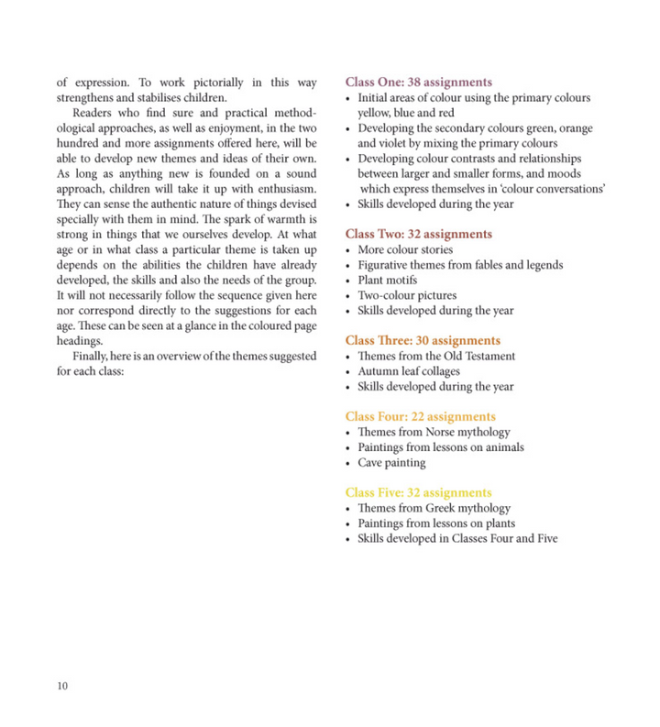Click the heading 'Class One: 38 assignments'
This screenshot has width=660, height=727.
coord(418,83)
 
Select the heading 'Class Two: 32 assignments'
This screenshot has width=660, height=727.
coord(418,235)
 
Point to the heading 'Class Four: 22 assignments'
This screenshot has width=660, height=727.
coord(420,417)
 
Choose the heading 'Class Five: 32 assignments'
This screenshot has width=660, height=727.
coord(418,493)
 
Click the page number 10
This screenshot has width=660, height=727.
coord(62,686)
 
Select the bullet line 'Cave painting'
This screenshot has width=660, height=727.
coord(391,463)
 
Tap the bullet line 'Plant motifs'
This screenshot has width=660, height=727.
coord(387,281)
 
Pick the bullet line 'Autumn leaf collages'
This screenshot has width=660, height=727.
coord(409,371)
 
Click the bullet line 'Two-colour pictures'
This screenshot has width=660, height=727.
coord(406,295)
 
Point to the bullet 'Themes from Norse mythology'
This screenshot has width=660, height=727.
coord(434,433)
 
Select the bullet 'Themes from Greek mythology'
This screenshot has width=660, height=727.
coord(434,509)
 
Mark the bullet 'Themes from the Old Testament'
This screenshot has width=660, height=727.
coord(436,357)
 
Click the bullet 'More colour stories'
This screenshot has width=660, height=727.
coord(405,250)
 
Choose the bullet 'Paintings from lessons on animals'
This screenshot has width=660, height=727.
coord(440,447)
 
